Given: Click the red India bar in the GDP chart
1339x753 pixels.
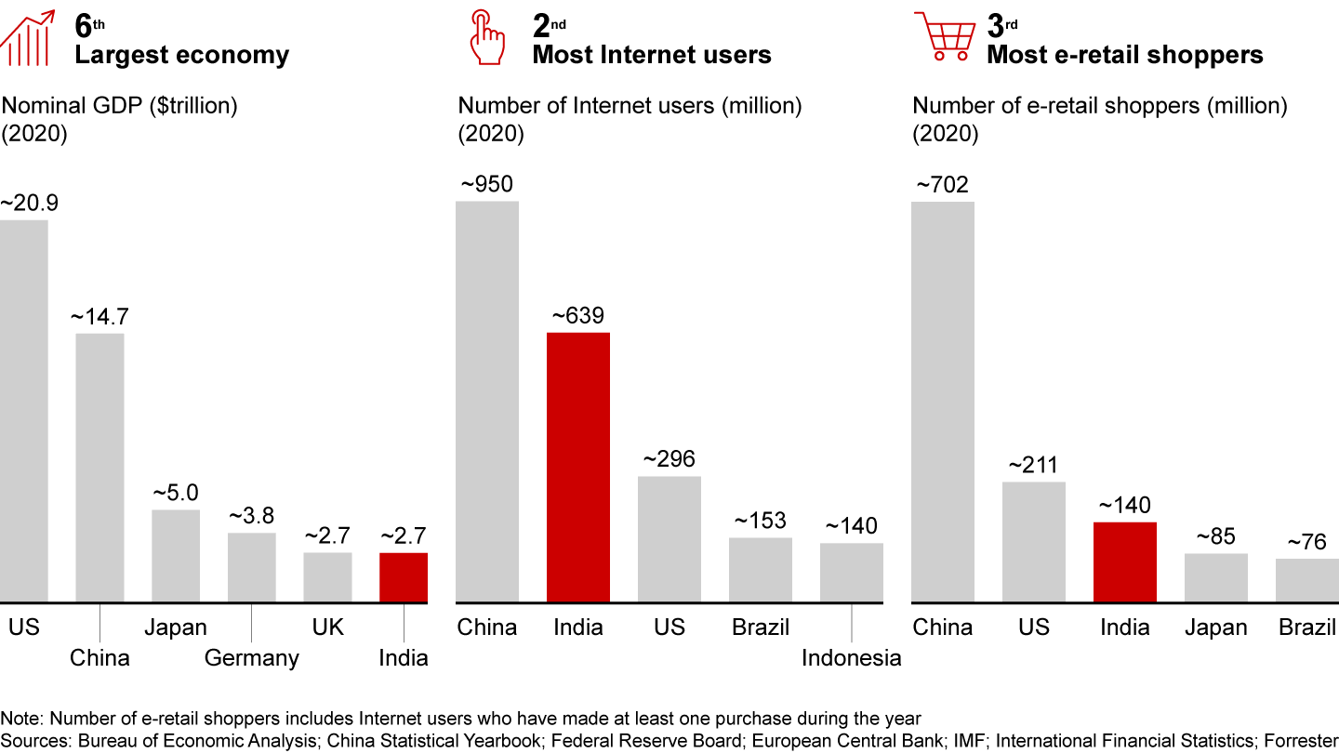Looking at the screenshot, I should [404, 577].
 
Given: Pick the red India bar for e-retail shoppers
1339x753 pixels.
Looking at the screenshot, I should [1125, 561].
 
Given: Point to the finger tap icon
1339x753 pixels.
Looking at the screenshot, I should [486, 36].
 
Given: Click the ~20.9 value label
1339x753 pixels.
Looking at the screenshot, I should [29, 203].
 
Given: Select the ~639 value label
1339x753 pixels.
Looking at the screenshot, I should [577, 316].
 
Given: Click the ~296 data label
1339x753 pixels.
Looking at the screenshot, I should [669, 459].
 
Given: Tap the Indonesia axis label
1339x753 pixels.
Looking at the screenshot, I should [852, 658].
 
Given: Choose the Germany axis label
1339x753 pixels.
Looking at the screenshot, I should [252, 658].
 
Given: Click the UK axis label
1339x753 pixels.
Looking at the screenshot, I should [327, 627].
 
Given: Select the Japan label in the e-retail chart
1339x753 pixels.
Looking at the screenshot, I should [1215, 627].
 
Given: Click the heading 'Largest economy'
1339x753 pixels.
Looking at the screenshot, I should [182, 55].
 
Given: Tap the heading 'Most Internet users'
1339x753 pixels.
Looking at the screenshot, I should [652, 55].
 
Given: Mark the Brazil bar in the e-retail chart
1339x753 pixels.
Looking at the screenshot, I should [1306, 580].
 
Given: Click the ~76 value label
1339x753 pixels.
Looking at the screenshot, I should [1306, 542].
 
